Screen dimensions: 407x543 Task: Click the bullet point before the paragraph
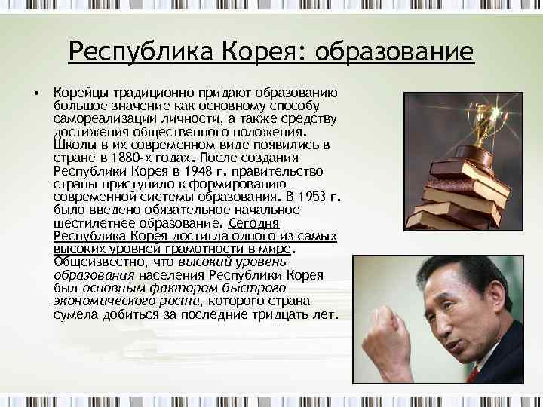35,94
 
